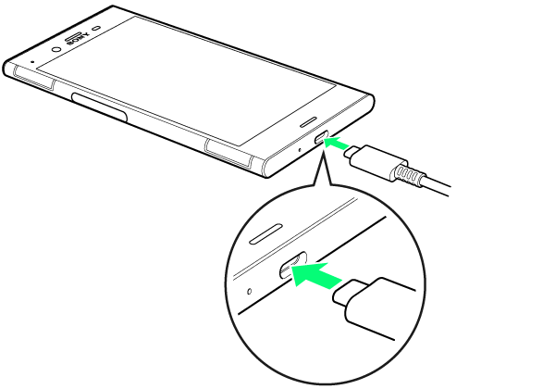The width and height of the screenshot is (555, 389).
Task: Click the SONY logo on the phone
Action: (x=78, y=39)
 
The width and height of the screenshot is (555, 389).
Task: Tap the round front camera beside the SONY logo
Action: (x=55, y=49)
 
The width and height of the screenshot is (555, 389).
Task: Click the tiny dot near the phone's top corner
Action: (x=33, y=61)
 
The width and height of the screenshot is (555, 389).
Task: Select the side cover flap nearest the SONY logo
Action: (x=34, y=78)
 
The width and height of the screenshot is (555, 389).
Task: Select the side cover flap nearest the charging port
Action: (x=228, y=152)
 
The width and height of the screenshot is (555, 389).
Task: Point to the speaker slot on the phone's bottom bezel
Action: (x=308, y=121)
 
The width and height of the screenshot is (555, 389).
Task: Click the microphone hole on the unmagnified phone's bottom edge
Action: (x=300, y=150)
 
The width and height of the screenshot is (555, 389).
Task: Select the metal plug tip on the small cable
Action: (x=351, y=152)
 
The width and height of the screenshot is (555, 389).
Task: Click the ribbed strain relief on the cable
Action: (x=407, y=173)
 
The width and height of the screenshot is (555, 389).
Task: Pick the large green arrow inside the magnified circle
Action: (x=315, y=274)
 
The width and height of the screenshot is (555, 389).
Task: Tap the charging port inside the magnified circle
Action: (x=292, y=265)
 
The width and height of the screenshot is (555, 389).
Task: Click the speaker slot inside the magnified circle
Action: (x=266, y=233)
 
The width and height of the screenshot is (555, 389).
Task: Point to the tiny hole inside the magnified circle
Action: (x=249, y=291)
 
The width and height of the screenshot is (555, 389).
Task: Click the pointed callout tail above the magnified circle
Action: (x=321, y=169)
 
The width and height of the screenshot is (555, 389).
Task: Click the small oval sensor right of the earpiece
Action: (x=96, y=28)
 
